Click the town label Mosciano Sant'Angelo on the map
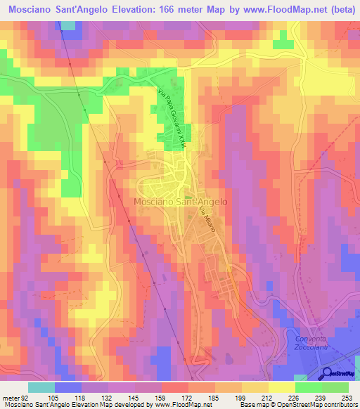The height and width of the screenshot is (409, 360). [181, 201]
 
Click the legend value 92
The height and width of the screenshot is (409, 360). [26, 397]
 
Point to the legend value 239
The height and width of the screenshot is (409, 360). [325, 397]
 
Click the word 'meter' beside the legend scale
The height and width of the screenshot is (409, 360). [11, 397]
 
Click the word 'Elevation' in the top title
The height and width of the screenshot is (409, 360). [148, 11]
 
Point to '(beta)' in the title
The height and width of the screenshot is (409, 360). [340, 11]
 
